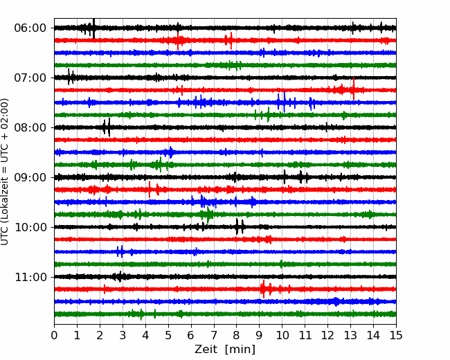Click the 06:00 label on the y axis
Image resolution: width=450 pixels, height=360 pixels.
coord(30,28)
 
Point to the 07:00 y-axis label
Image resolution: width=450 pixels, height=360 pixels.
coord(30,78)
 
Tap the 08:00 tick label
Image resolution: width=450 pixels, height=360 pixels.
coord(30,127)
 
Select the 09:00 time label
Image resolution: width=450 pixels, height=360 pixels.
coord(30,177)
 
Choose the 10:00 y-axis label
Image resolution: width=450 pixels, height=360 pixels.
coord(30,227)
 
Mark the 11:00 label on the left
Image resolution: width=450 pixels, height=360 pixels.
coord(30,277)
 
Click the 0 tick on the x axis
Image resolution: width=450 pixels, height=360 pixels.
coord(54,335)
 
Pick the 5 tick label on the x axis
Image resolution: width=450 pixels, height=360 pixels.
coord(168,335)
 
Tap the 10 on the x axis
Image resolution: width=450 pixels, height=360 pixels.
coord(282,335)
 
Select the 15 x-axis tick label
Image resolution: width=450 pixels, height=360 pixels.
coord(396,335)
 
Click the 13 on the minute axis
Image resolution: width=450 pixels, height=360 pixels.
coord(350,335)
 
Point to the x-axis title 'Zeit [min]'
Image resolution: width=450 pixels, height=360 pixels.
coord(225,350)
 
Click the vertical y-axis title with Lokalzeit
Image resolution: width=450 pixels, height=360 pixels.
coord(5,172)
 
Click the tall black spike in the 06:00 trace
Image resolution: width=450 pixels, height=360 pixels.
coord(93,28)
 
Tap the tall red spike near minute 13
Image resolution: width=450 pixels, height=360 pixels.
coord(354,89)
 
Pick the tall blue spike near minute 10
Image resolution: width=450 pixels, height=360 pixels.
coord(284,102)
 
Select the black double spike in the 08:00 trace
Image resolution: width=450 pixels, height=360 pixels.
coord(107,127)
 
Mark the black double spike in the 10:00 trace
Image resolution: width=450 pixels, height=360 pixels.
coord(240,227)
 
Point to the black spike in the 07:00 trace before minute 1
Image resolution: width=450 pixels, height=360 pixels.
coord(69,77)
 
